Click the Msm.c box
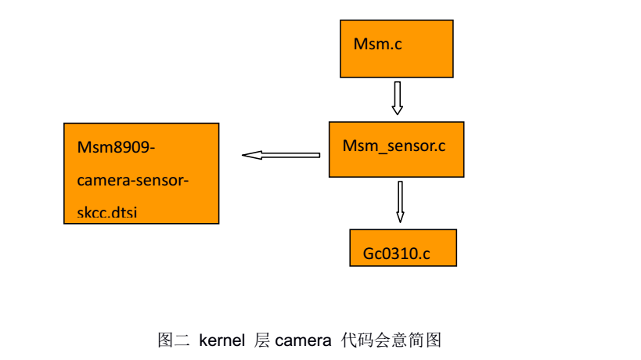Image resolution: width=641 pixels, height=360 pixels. (x=396, y=49)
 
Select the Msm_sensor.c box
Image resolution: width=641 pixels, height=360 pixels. (x=396, y=149)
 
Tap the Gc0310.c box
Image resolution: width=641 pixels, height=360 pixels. (x=402, y=248)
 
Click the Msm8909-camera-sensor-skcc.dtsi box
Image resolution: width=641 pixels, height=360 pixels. (x=141, y=173)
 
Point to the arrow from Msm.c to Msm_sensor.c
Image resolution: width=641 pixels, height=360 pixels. (x=397, y=98)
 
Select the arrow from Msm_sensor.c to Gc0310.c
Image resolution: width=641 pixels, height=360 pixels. (x=400, y=201)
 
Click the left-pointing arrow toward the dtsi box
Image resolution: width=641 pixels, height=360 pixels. (x=281, y=155)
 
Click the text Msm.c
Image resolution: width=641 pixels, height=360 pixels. (x=377, y=45)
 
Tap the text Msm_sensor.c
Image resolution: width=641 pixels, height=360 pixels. (x=394, y=146)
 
